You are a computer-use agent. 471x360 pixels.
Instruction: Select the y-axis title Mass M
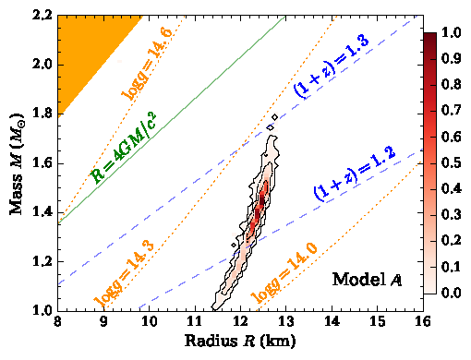click(18, 162)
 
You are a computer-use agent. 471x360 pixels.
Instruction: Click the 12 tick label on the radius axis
click(239, 323)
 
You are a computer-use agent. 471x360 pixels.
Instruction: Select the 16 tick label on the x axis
click(421, 323)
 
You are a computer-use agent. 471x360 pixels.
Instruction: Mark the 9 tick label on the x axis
click(103, 323)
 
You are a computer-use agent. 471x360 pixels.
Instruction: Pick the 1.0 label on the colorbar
click(452, 33)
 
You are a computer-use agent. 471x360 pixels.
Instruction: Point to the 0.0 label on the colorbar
click(452, 293)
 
